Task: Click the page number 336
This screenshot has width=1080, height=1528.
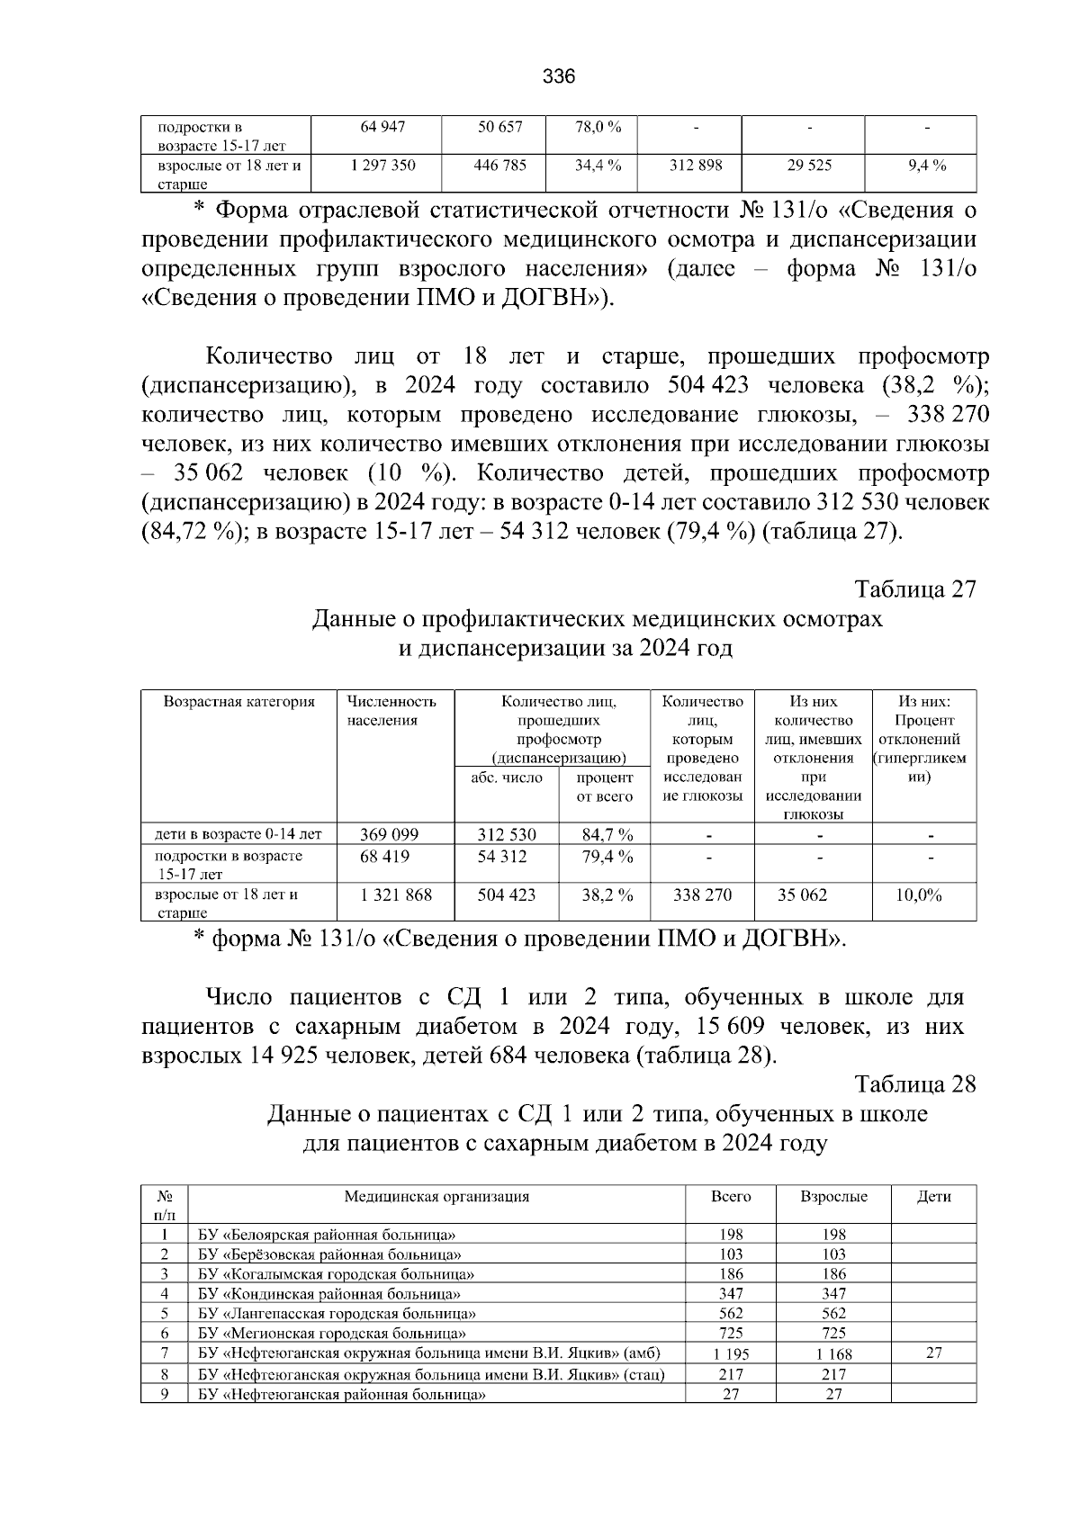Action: [x=558, y=76]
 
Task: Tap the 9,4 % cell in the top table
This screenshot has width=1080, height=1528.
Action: [x=926, y=166]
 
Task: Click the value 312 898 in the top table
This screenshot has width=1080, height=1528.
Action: [x=696, y=166]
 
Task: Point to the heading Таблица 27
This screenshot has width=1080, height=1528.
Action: [x=914, y=589]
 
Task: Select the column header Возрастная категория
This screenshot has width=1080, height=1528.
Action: [x=238, y=702]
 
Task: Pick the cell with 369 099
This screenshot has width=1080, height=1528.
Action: [x=389, y=834]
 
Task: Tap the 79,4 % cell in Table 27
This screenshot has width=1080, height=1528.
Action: [x=607, y=856]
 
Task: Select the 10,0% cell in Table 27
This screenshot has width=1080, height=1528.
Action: [x=919, y=895]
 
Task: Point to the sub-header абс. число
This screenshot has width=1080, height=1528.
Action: [x=507, y=777]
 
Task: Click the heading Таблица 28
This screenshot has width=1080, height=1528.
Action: [x=914, y=1084]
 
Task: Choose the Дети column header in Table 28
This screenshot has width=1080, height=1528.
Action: [x=933, y=1197]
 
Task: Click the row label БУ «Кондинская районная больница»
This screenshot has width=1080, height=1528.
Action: [x=329, y=1294]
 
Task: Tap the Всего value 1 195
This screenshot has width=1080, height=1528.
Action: [x=731, y=1353]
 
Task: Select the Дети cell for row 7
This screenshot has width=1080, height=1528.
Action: [x=933, y=1353]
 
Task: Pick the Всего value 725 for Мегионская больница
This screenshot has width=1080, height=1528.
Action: [x=731, y=1333]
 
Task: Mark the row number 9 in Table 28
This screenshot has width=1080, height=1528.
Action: [x=165, y=1395]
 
